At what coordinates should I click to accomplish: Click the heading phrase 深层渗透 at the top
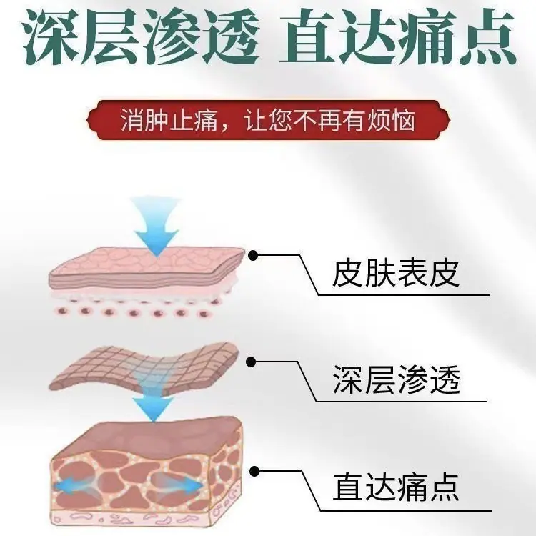click(x=141, y=36)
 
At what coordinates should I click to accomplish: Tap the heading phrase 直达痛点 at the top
click(x=397, y=36)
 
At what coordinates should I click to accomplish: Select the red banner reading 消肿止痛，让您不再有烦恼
click(x=268, y=120)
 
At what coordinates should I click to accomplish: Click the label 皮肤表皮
click(x=395, y=274)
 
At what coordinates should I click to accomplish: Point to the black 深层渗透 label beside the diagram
click(x=396, y=379)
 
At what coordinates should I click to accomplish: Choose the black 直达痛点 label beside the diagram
click(x=395, y=487)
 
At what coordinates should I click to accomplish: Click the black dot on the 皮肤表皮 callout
click(x=253, y=255)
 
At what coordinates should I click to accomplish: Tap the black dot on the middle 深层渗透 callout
click(x=252, y=362)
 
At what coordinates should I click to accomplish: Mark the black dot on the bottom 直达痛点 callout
click(x=254, y=472)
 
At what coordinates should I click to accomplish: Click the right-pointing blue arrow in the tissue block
click(x=182, y=486)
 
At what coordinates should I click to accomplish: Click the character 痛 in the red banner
click(x=205, y=120)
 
